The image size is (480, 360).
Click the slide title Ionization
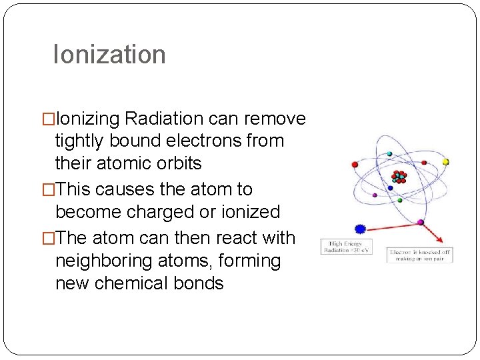coord(109,54)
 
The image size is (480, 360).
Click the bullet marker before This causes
coord(49,190)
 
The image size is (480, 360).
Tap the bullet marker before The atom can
coord(49,238)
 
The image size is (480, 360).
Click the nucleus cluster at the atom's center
coord(399,177)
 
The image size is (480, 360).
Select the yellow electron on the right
coord(445,162)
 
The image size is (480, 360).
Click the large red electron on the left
coord(355,164)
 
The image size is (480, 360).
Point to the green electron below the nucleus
coord(399,199)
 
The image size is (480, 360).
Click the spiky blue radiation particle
coord(361,229)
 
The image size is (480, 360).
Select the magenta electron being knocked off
coord(420,221)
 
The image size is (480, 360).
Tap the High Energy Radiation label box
coord(346,247)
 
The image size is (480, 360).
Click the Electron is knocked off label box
coord(420,255)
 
